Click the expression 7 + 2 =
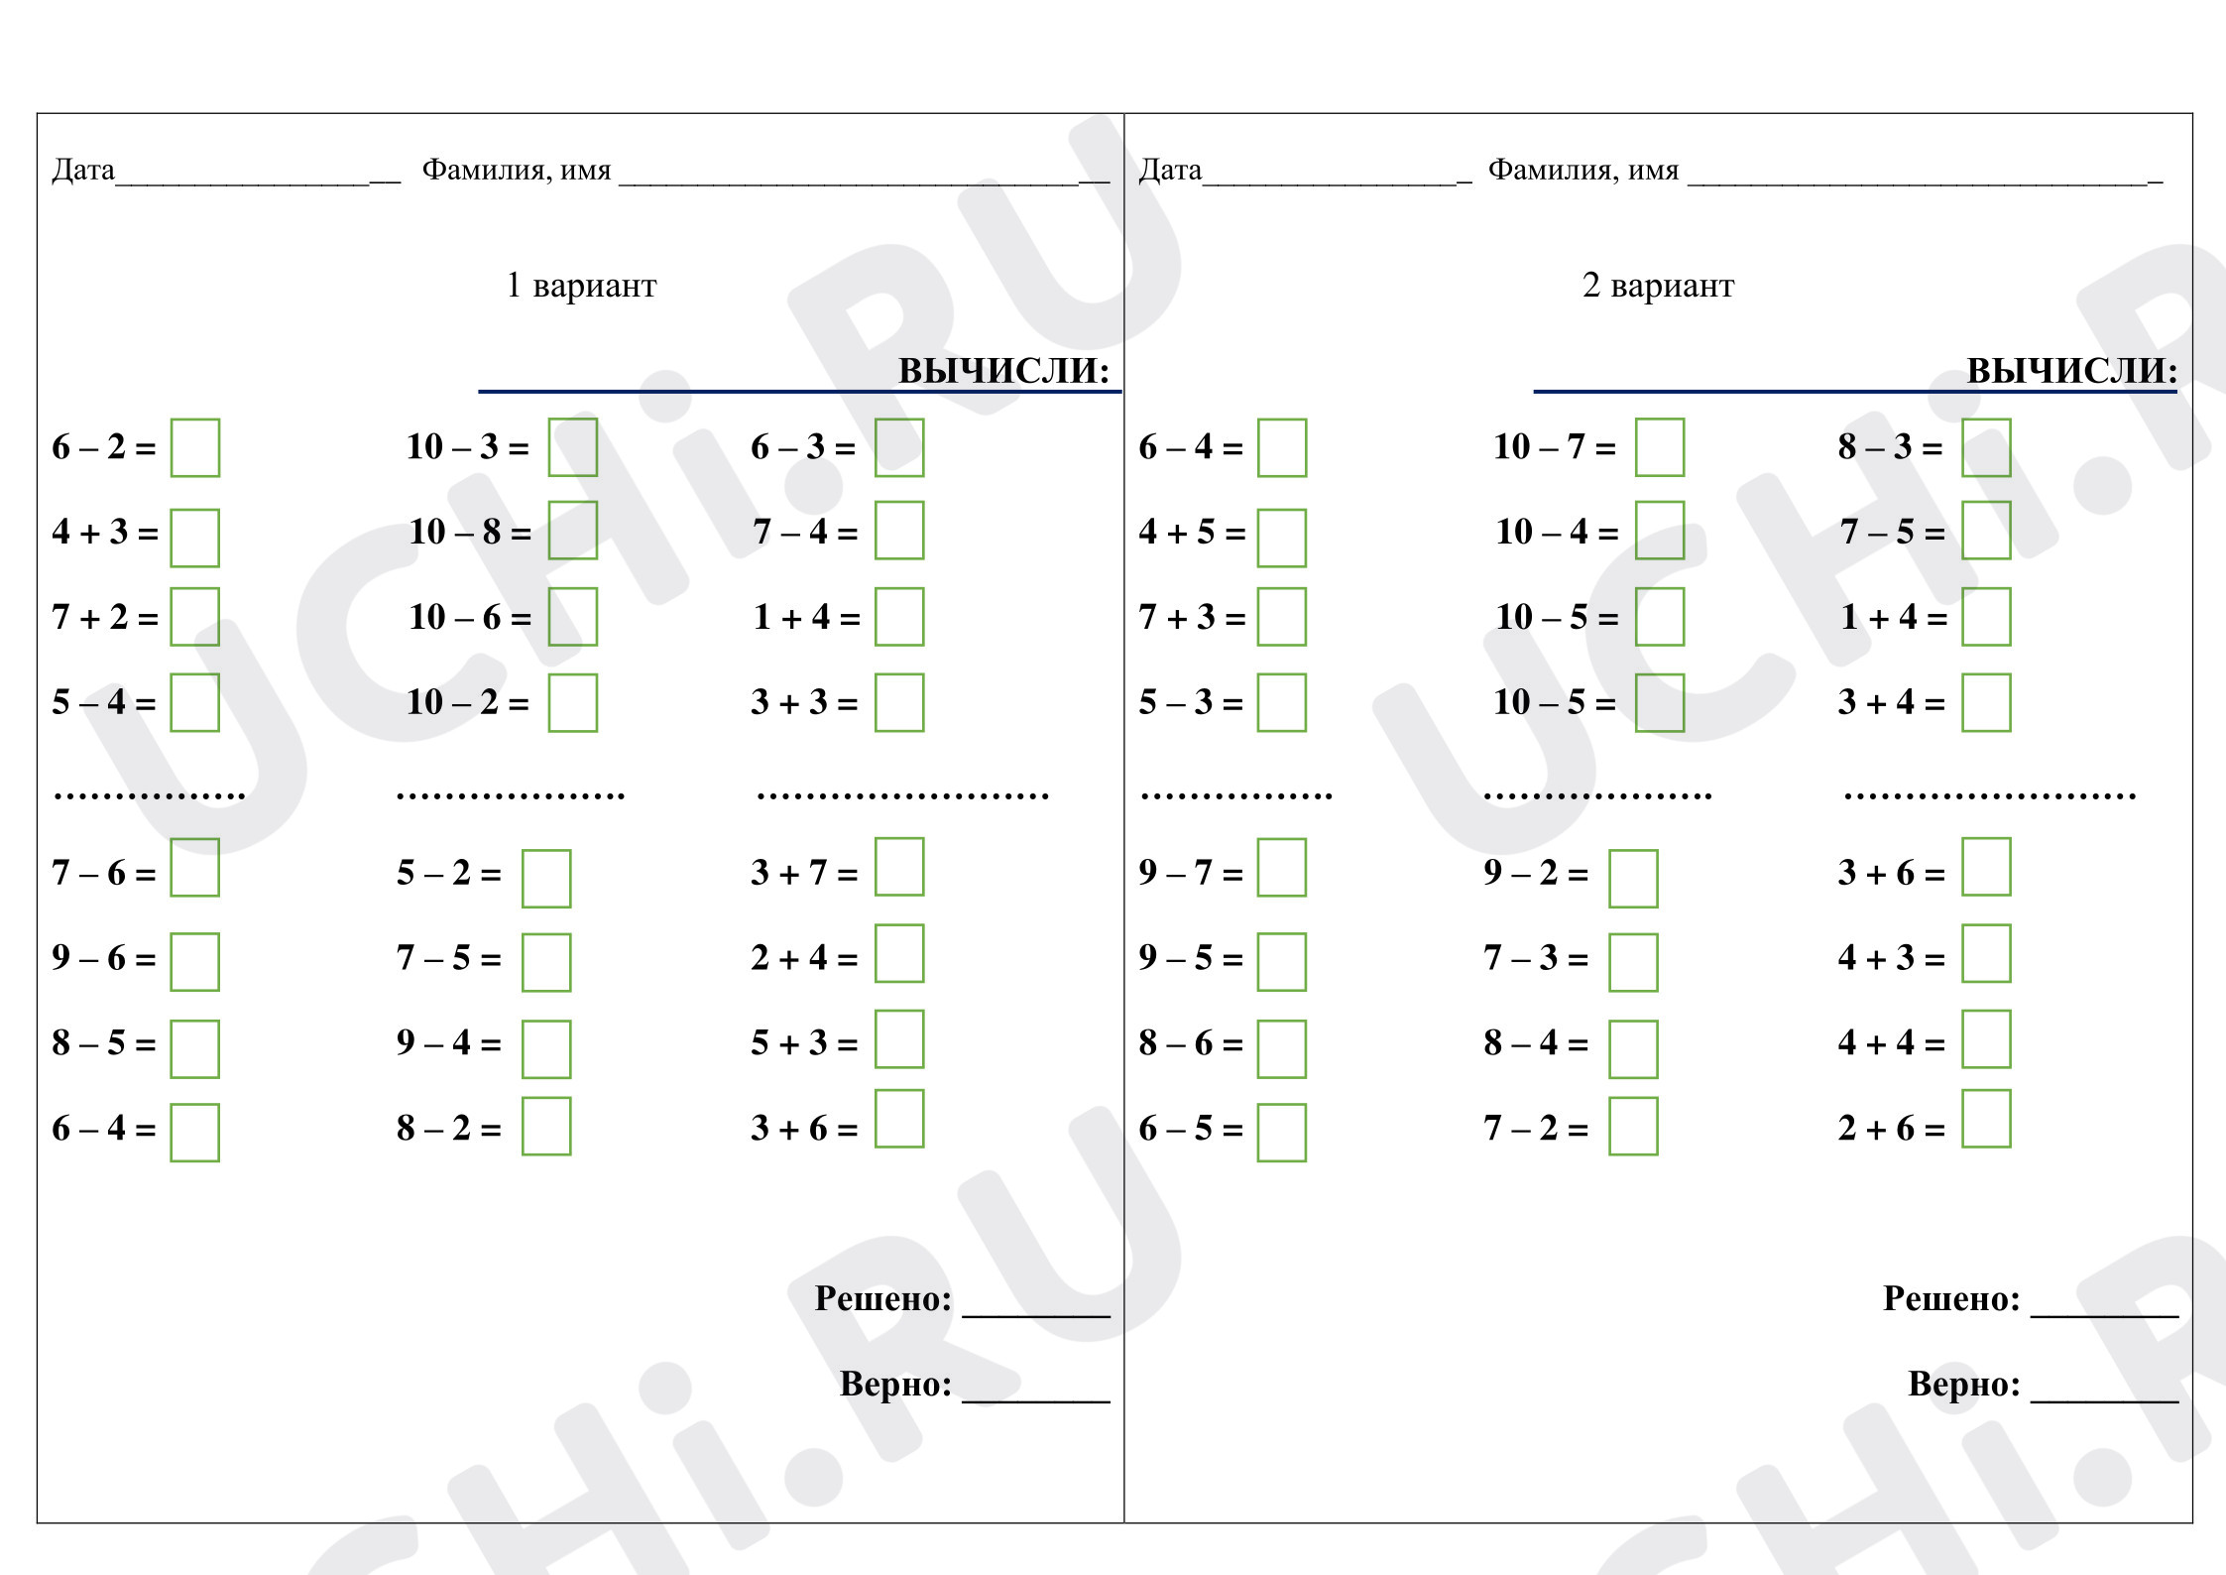[105, 617]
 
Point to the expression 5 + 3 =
[804, 1042]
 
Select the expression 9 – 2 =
[1536, 872]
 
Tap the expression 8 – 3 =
[1890, 446]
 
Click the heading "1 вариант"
[581, 286]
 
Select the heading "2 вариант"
[1658, 286]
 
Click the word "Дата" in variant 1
[83, 170]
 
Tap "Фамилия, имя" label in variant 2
[1583, 171]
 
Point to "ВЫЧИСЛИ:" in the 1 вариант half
[1003, 370]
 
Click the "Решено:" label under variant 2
[1951, 1298]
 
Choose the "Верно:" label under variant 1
[895, 1384]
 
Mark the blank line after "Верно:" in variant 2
[2104, 1401]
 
